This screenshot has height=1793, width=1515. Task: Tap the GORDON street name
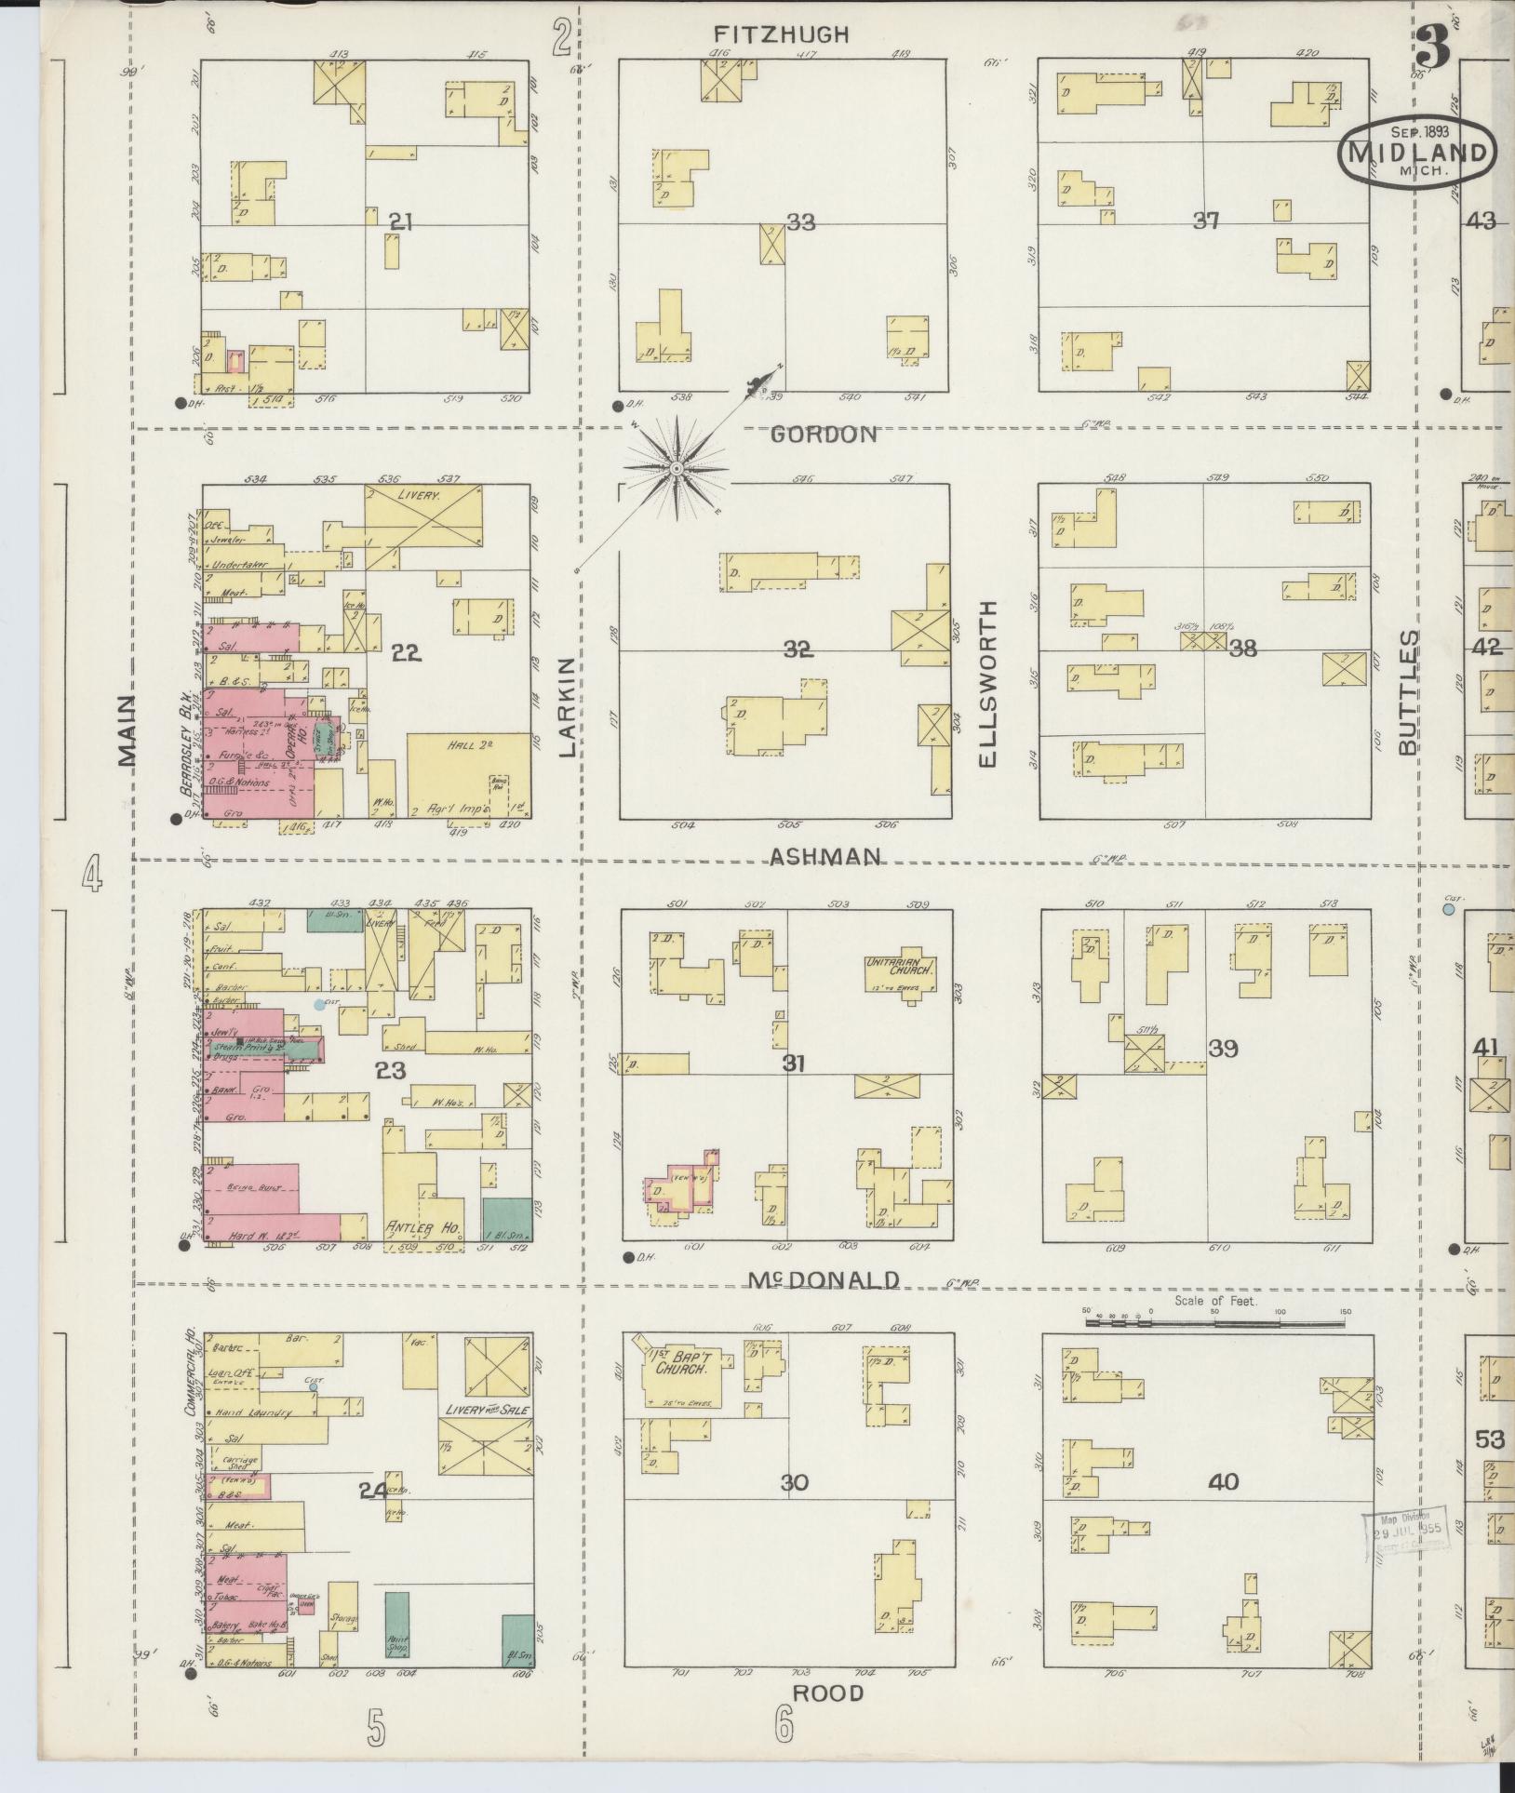tap(825, 434)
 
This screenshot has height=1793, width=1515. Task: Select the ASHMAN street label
tap(825, 857)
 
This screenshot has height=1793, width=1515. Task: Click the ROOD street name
tap(827, 1693)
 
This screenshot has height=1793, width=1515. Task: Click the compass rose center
tap(674, 468)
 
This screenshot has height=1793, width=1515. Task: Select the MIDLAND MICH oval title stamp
tap(1418, 153)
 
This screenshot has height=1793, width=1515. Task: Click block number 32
tap(798, 649)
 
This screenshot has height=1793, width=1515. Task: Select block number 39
tap(1222, 1048)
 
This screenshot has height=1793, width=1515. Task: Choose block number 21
tap(401, 221)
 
